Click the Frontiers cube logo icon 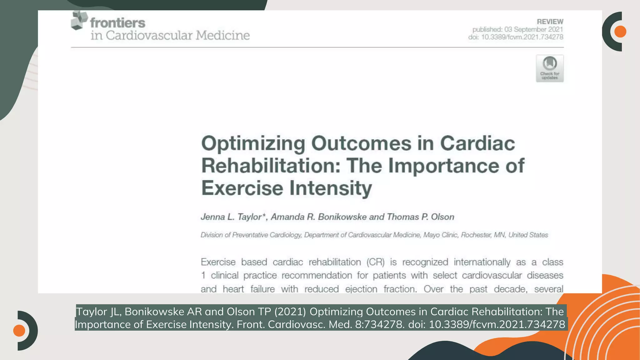(x=79, y=20)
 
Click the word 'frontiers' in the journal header (x=118, y=23)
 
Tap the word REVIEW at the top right (x=550, y=22)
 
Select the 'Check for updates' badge (x=550, y=68)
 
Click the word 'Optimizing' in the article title (x=253, y=143)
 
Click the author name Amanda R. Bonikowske (x=319, y=217)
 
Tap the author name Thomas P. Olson (x=420, y=217)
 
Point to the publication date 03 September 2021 (x=533, y=29)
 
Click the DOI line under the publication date (x=516, y=37)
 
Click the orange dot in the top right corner (x=620, y=32)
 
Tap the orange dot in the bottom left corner (x=19, y=330)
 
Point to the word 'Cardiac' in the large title (x=477, y=143)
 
